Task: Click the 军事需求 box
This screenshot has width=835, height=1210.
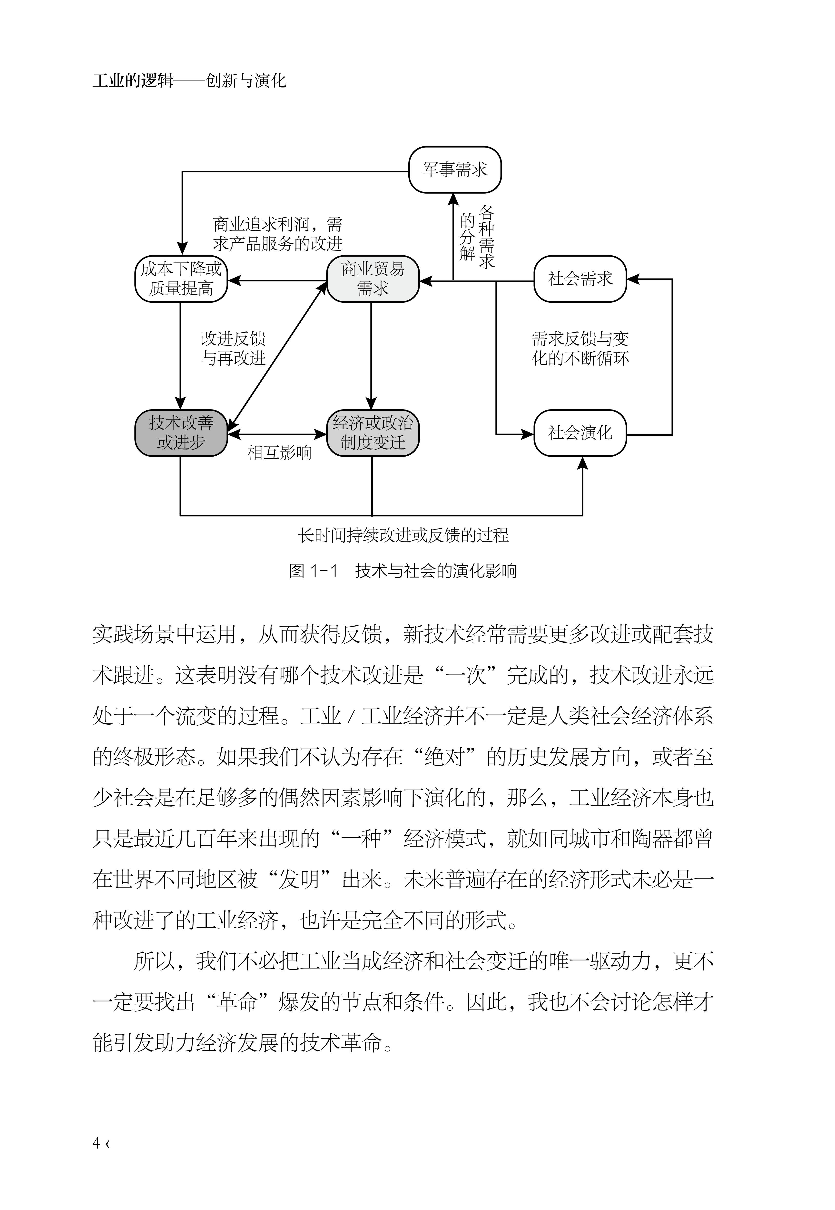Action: [455, 170]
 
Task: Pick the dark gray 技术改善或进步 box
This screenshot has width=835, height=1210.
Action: [181, 433]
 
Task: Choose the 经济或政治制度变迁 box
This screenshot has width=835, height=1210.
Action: [373, 433]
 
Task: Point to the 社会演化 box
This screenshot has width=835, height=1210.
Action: [580, 433]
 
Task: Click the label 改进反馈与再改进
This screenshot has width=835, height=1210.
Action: [233, 349]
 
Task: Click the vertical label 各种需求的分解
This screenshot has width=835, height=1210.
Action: [477, 237]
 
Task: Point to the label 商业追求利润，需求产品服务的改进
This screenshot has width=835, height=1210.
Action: [277, 234]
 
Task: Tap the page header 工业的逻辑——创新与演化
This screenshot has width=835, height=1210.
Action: [189, 80]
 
